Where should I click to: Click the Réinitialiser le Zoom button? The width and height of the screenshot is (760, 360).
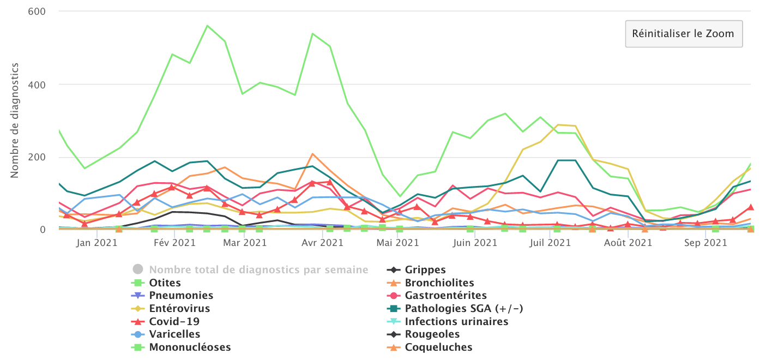[x=683, y=34]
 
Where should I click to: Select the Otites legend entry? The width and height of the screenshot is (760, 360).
[x=165, y=283]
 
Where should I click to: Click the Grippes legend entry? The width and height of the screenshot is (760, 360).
[x=425, y=269]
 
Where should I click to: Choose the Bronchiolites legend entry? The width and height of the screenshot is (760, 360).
[x=439, y=283]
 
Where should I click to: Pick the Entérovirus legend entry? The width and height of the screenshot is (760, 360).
[x=179, y=308]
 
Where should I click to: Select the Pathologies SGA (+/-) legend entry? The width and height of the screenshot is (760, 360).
[x=463, y=308]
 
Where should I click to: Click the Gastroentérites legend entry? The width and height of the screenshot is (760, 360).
[x=445, y=296]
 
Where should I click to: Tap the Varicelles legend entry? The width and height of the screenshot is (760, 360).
[x=174, y=334]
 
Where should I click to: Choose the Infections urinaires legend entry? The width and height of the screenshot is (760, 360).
[x=456, y=321]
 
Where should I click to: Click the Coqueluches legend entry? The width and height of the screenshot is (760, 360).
[x=438, y=347]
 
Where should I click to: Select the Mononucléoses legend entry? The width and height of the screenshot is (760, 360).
[x=190, y=347]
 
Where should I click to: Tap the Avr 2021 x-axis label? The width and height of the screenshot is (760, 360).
[x=322, y=243]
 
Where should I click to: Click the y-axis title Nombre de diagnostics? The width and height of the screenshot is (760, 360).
[x=15, y=120]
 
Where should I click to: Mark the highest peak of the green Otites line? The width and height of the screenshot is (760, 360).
[x=207, y=25]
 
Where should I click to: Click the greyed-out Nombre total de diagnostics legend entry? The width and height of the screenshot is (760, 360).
[x=258, y=269]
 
